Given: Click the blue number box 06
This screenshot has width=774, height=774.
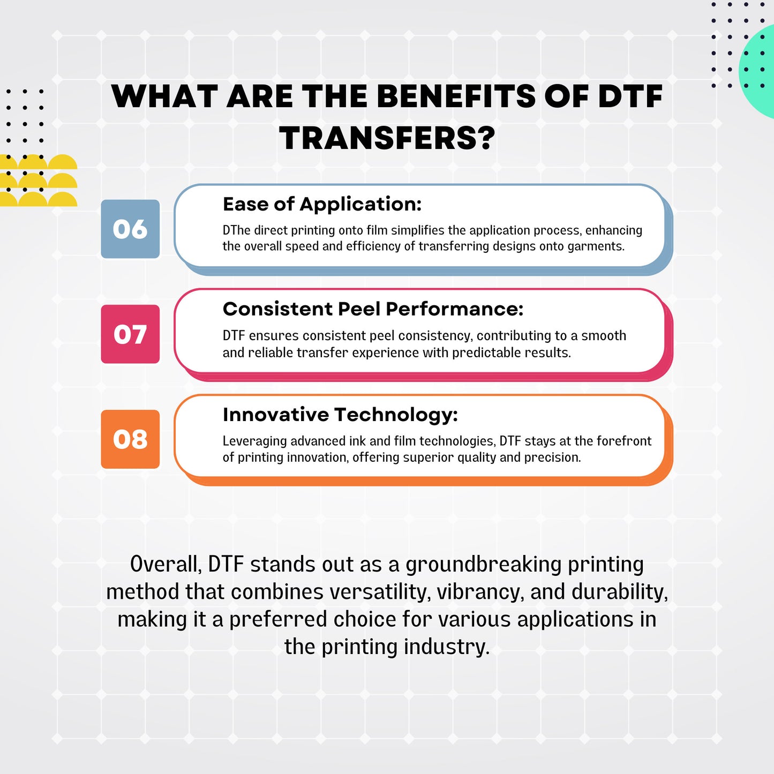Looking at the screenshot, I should [130, 229].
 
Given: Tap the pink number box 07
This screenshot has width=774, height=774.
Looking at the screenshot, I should [130, 334].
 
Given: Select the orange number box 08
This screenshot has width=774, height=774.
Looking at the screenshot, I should [130, 439].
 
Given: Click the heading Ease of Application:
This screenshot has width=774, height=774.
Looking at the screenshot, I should [322, 204].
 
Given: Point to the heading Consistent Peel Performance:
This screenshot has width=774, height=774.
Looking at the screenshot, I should [373, 309].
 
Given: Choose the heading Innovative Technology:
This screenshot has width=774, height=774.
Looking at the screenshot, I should [340, 415].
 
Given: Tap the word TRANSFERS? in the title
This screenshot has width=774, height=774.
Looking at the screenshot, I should [387, 138].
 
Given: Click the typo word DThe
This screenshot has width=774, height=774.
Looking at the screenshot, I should [236, 230].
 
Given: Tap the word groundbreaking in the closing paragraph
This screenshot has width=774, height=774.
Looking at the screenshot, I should [483, 565].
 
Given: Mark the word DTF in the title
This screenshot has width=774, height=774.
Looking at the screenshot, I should [630, 97].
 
